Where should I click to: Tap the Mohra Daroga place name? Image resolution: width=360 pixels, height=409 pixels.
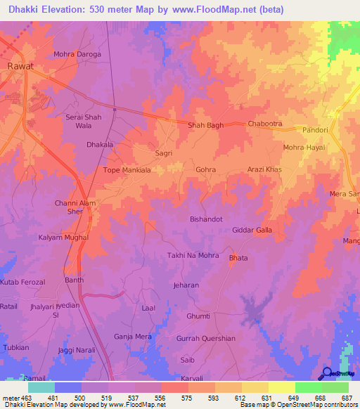pos(77,54)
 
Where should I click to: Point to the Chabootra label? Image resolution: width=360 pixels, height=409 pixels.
pos(265,124)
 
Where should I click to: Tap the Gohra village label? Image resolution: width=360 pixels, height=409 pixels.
pos(205,170)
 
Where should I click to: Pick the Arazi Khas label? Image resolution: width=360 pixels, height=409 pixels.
pos(264,170)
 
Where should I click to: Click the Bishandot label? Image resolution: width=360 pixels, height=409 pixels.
pos(207,219)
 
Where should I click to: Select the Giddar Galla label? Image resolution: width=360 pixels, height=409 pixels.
pos(252,230)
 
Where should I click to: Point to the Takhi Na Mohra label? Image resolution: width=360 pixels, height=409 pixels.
pos(193,255)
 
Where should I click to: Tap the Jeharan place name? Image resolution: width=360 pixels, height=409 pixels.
pos(186,286)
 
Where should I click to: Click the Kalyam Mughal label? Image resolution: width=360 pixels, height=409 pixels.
pos(63,238)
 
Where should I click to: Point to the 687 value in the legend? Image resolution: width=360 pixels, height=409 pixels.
pos(346,398)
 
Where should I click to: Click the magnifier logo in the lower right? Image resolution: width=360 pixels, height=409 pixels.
pos(327,373)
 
